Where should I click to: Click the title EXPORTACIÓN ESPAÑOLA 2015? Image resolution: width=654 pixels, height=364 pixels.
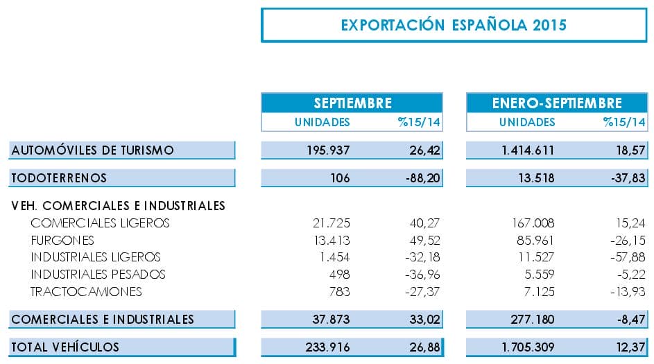click(x=454, y=25)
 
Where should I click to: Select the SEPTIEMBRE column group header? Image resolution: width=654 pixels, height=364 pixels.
click(x=352, y=103)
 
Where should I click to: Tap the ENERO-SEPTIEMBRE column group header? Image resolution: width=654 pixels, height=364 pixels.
click(x=557, y=103)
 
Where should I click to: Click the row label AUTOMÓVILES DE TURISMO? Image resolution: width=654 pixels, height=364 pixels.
click(x=92, y=150)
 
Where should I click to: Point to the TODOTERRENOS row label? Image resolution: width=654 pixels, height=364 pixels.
click(x=59, y=178)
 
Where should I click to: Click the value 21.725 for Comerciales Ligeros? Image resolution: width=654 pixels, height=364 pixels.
click(x=332, y=223)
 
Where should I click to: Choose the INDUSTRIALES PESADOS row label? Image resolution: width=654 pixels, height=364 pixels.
click(x=98, y=274)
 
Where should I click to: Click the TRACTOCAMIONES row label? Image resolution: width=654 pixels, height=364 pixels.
click(x=87, y=291)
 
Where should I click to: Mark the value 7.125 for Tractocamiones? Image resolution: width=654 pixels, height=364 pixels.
click(x=539, y=291)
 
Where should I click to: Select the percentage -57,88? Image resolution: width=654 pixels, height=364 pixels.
click(x=626, y=257)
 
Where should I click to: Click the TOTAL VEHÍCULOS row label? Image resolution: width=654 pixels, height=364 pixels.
click(x=65, y=347)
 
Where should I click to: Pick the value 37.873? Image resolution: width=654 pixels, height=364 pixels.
click(x=329, y=320)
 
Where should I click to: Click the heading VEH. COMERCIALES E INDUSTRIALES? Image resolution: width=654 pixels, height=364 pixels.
click(x=119, y=206)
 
